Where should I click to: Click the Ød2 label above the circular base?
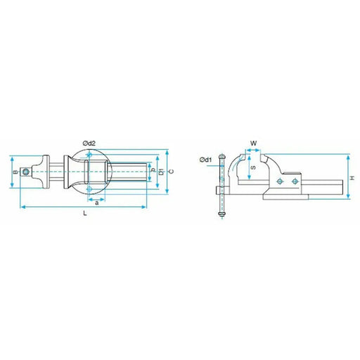coord(89,143)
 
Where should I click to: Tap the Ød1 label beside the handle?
coord(205,160)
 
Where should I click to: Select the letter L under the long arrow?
coord(85,213)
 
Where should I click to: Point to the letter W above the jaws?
coord(254,143)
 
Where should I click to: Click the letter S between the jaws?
coord(253,167)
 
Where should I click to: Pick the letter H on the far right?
coord(352,179)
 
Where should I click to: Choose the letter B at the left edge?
coord(15,172)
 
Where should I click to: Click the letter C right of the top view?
coord(172,172)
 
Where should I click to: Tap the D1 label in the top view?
coord(162,172)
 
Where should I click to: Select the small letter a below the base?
coord(97,203)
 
